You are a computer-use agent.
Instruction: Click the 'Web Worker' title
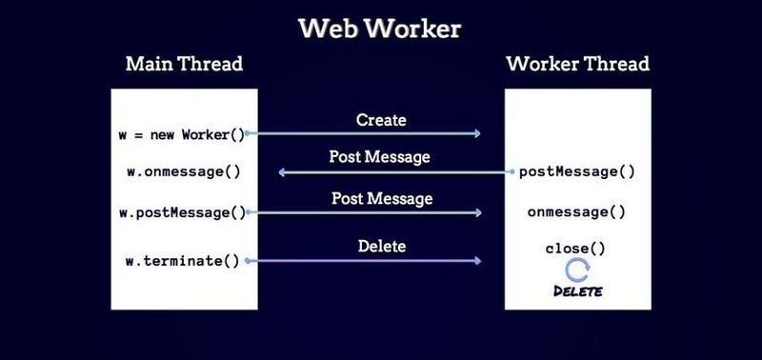point(380,28)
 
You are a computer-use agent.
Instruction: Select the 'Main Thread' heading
point(184,65)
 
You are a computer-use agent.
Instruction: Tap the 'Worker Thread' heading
point(577,65)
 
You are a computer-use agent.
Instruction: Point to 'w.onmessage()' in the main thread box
point(184,172)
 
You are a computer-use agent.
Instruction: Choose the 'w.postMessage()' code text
point(182,212)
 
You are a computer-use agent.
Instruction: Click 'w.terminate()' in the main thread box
point(183,260)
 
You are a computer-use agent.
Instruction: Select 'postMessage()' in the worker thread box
point(577,172)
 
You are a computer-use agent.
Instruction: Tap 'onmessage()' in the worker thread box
point(576,212)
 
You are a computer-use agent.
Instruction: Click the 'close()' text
point(575,249)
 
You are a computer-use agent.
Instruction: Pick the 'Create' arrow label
point(381,120)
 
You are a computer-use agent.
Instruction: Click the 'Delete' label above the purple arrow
point(381,246)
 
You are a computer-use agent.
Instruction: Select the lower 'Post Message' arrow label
point(381,199)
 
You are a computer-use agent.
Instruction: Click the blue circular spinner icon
point(577,270)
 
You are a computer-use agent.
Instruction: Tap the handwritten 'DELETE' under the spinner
point(577,290)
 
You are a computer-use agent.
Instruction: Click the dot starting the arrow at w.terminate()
point(248,260)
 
